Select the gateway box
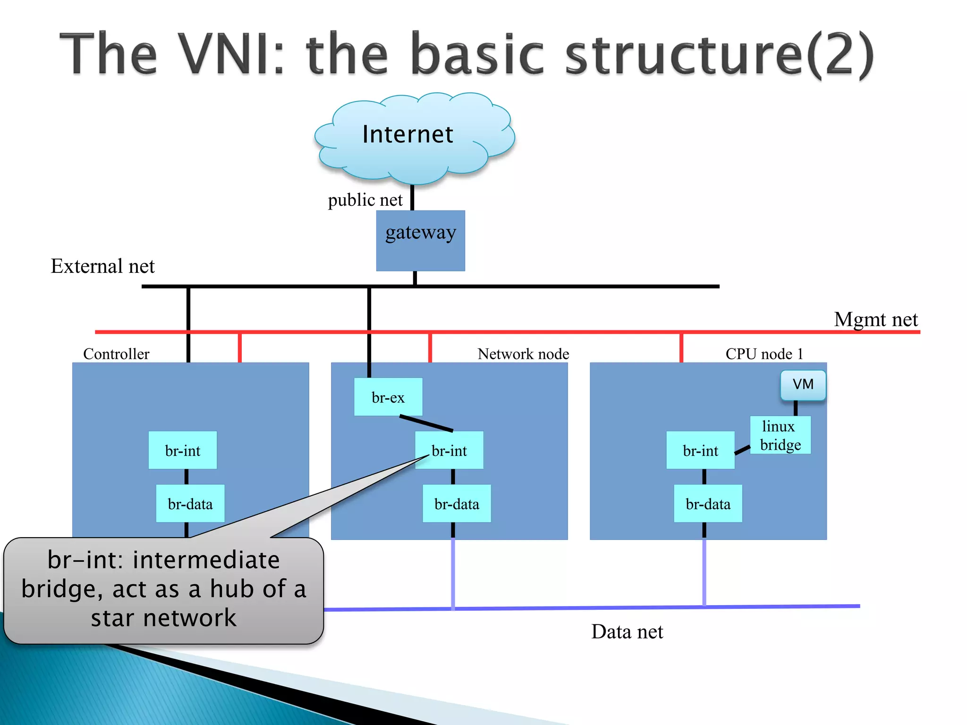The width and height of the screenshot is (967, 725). (x=420, y=241)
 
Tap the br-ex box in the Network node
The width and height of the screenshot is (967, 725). (x=388, y=397)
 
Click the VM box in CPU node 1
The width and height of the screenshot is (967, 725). (x=803, y=385)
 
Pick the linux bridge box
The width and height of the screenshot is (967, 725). (x=780, y=435)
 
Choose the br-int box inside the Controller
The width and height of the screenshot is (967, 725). (x=183, y=450)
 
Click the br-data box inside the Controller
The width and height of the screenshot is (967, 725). (x=190, y=504)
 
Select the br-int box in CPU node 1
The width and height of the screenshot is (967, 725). (x=700, y=450)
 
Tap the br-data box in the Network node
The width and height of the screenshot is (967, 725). (x=457, y=504)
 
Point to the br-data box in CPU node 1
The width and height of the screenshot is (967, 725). (x=708, y=504)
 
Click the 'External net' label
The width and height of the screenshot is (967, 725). (x=102, y=266)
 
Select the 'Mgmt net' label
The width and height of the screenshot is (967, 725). (x=876, y=320)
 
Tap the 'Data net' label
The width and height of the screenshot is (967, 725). (x=627, y=632)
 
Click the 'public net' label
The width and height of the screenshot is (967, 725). (x=365, y=200)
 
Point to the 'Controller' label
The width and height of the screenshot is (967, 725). (x=116, y=354)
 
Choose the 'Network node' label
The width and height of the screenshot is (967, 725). (x=523, y=354)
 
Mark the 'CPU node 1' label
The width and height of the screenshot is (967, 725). (x=764, y=354)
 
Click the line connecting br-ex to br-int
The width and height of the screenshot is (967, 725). (x=426, y=423)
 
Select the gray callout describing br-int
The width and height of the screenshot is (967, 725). (x=163, y=590)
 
